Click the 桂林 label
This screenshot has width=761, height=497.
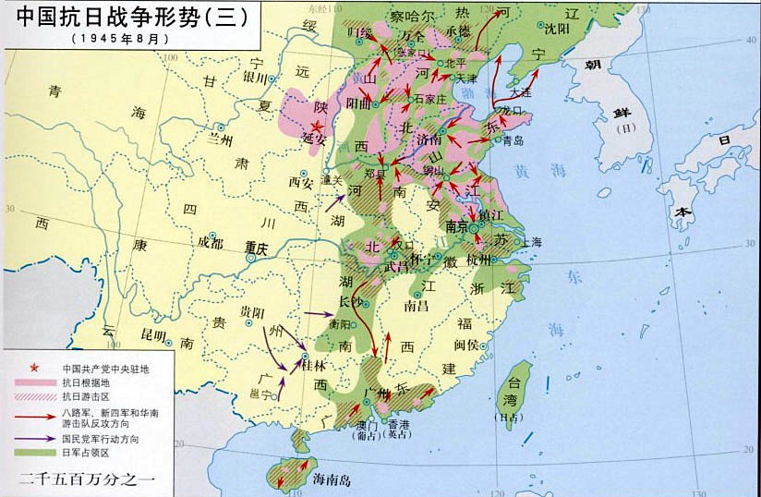[x=315, y=366]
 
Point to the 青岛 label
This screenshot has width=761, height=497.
[x=513, y=140]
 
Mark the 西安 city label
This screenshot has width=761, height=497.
[x=302, y=181]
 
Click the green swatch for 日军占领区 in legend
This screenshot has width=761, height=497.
[x=36, y=454]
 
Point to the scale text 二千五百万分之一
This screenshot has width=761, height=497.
[x=88, y=479]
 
